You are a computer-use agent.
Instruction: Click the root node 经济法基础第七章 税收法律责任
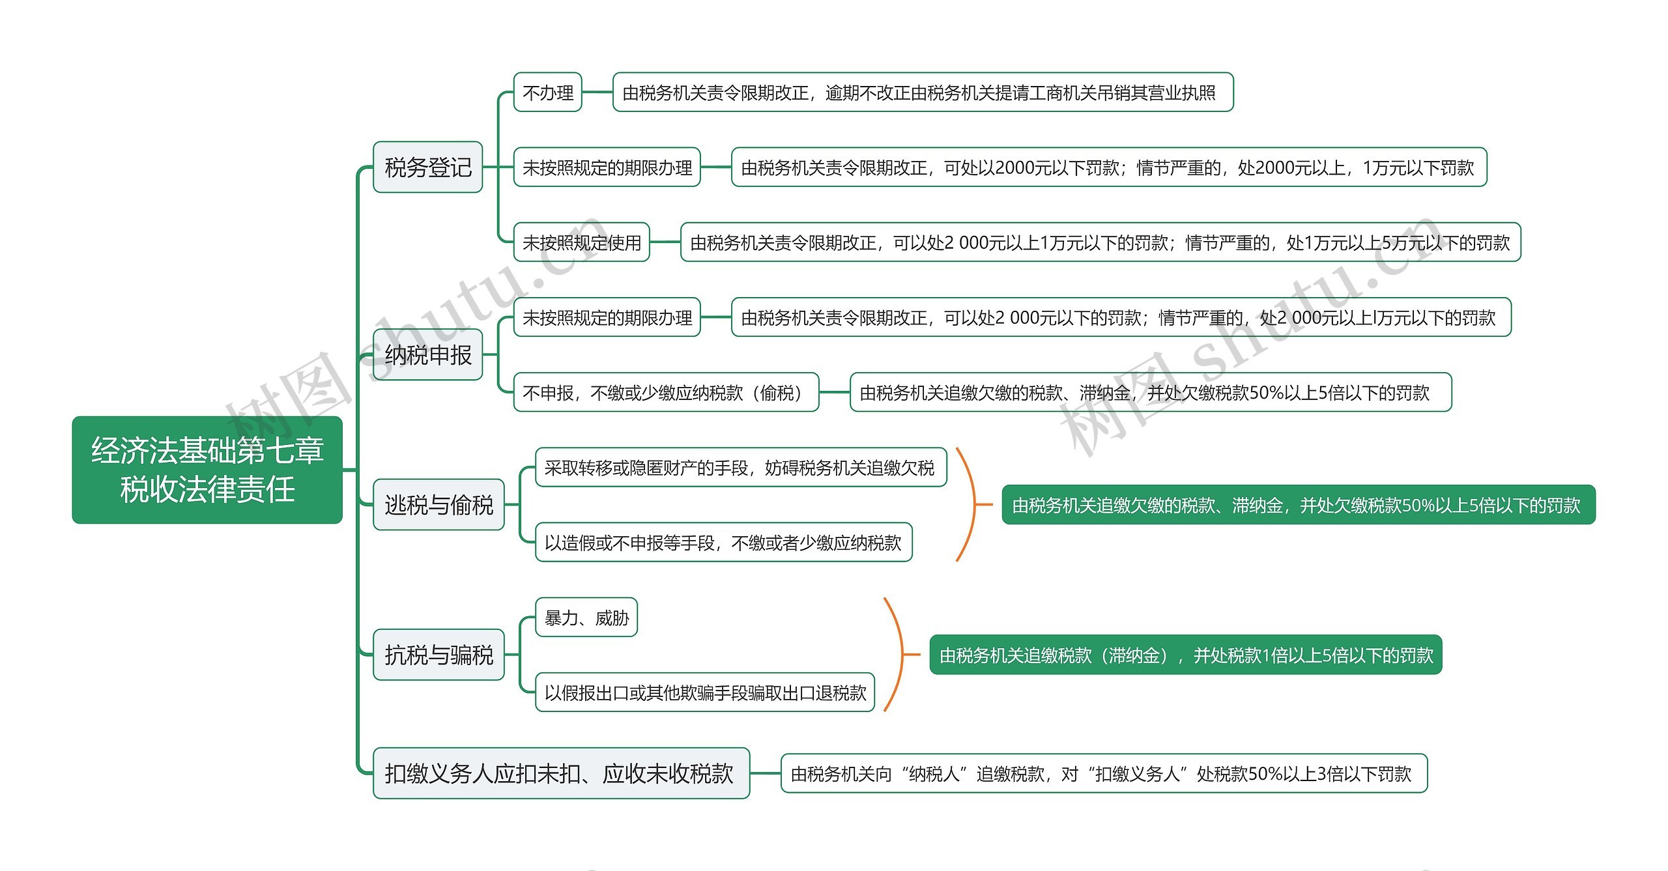[207, 470]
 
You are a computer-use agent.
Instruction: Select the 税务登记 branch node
[427, 167]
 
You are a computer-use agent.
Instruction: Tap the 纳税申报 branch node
[427, 355]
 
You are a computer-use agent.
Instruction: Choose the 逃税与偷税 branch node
[439, 505]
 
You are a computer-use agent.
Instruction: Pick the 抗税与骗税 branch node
[439, 655]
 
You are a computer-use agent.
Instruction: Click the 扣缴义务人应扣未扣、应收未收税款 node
[561, 773]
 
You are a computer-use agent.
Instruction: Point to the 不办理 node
[547, 93]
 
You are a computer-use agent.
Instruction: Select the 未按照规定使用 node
[581, 242]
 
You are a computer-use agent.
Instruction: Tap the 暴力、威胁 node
[586, 618]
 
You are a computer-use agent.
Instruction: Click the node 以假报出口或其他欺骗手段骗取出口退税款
[704, 693]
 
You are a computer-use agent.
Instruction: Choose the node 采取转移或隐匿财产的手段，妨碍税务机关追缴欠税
[740, 468]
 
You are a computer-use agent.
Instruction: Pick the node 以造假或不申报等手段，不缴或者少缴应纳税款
[723, 543]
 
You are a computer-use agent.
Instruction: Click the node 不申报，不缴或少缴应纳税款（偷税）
[665, 392]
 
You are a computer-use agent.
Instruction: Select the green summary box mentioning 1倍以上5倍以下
[1185, 655]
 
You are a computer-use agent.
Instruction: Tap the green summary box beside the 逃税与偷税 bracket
[1298, 505]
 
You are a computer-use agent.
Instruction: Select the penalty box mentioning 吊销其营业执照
[923, 93]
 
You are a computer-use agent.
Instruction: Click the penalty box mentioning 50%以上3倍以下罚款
[1104, 773]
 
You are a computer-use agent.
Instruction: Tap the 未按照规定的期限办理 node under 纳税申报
[607, 317]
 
